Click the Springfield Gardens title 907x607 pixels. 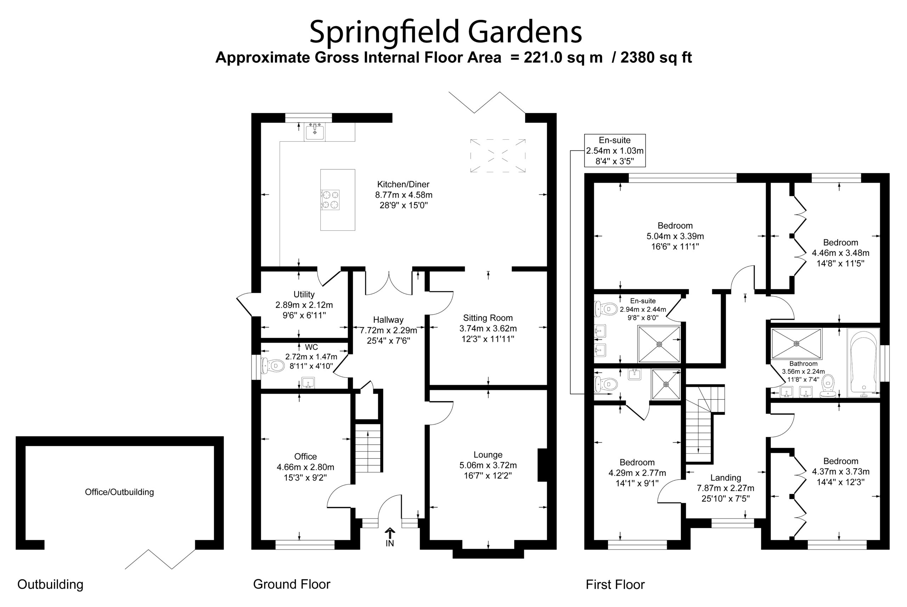point(445,33)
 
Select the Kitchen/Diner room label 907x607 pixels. point(403,184)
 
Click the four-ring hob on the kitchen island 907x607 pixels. point(330,200)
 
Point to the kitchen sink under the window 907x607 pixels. point(314,131)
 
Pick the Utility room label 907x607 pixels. point(304,294)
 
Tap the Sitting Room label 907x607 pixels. point(488,318)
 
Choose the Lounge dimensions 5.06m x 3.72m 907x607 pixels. point(488,465)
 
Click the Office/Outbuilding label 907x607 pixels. point(119,492)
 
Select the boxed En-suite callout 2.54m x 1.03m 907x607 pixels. point(615,151)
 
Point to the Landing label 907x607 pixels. point(725,478)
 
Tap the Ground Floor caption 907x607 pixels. point(292,584)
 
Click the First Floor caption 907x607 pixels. point(615,585)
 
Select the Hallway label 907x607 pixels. point(388,320)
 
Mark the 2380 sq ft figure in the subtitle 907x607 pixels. point(656,57)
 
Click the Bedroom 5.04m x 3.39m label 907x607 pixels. point(675,236)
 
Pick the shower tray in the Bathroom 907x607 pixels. point(796,344)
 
